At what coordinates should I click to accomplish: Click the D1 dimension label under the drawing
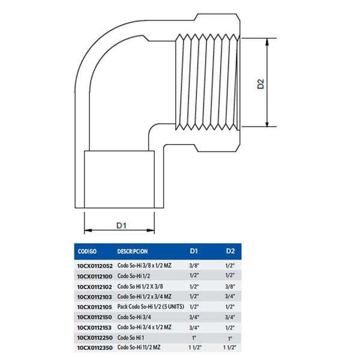click(x=121, y=225)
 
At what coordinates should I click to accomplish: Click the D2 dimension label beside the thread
click(x=261, y=84)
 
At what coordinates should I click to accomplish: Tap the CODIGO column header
click(x=87, y=251)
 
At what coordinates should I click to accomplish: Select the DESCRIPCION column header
click(x=133, y=251)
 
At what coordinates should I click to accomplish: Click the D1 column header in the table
click(x=194, y=251)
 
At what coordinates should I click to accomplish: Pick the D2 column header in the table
click(x=230, y=251)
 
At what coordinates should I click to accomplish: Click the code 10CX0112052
click(x=95, y=266)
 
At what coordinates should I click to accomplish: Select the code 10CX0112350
click(x=95, y=348)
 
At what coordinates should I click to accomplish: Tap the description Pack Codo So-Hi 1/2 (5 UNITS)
click(x=151, y=307)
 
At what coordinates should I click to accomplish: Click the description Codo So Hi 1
click(x=131, y=337)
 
